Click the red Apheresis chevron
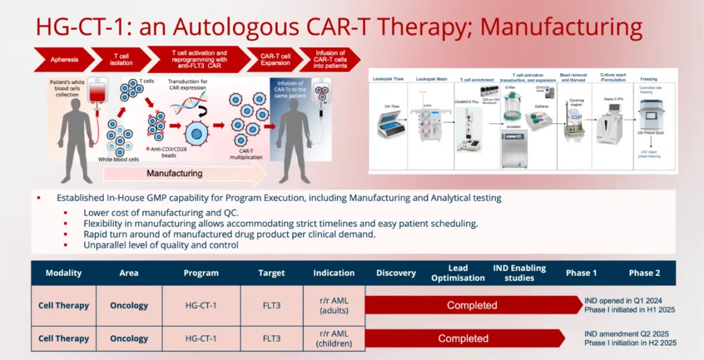[x=64, y=59]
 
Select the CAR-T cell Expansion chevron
[x=275, y=59]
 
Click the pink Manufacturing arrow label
[x=175, y=173]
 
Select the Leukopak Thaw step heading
[x=388, y=79]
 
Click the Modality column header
[x=63, y=273]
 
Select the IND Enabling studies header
[x=520, y=273]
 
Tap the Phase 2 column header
[x=644, y=273]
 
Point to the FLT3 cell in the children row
[x=271, y=338]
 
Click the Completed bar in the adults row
[x=472, y=305]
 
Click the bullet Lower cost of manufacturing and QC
[x=161, y=213]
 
